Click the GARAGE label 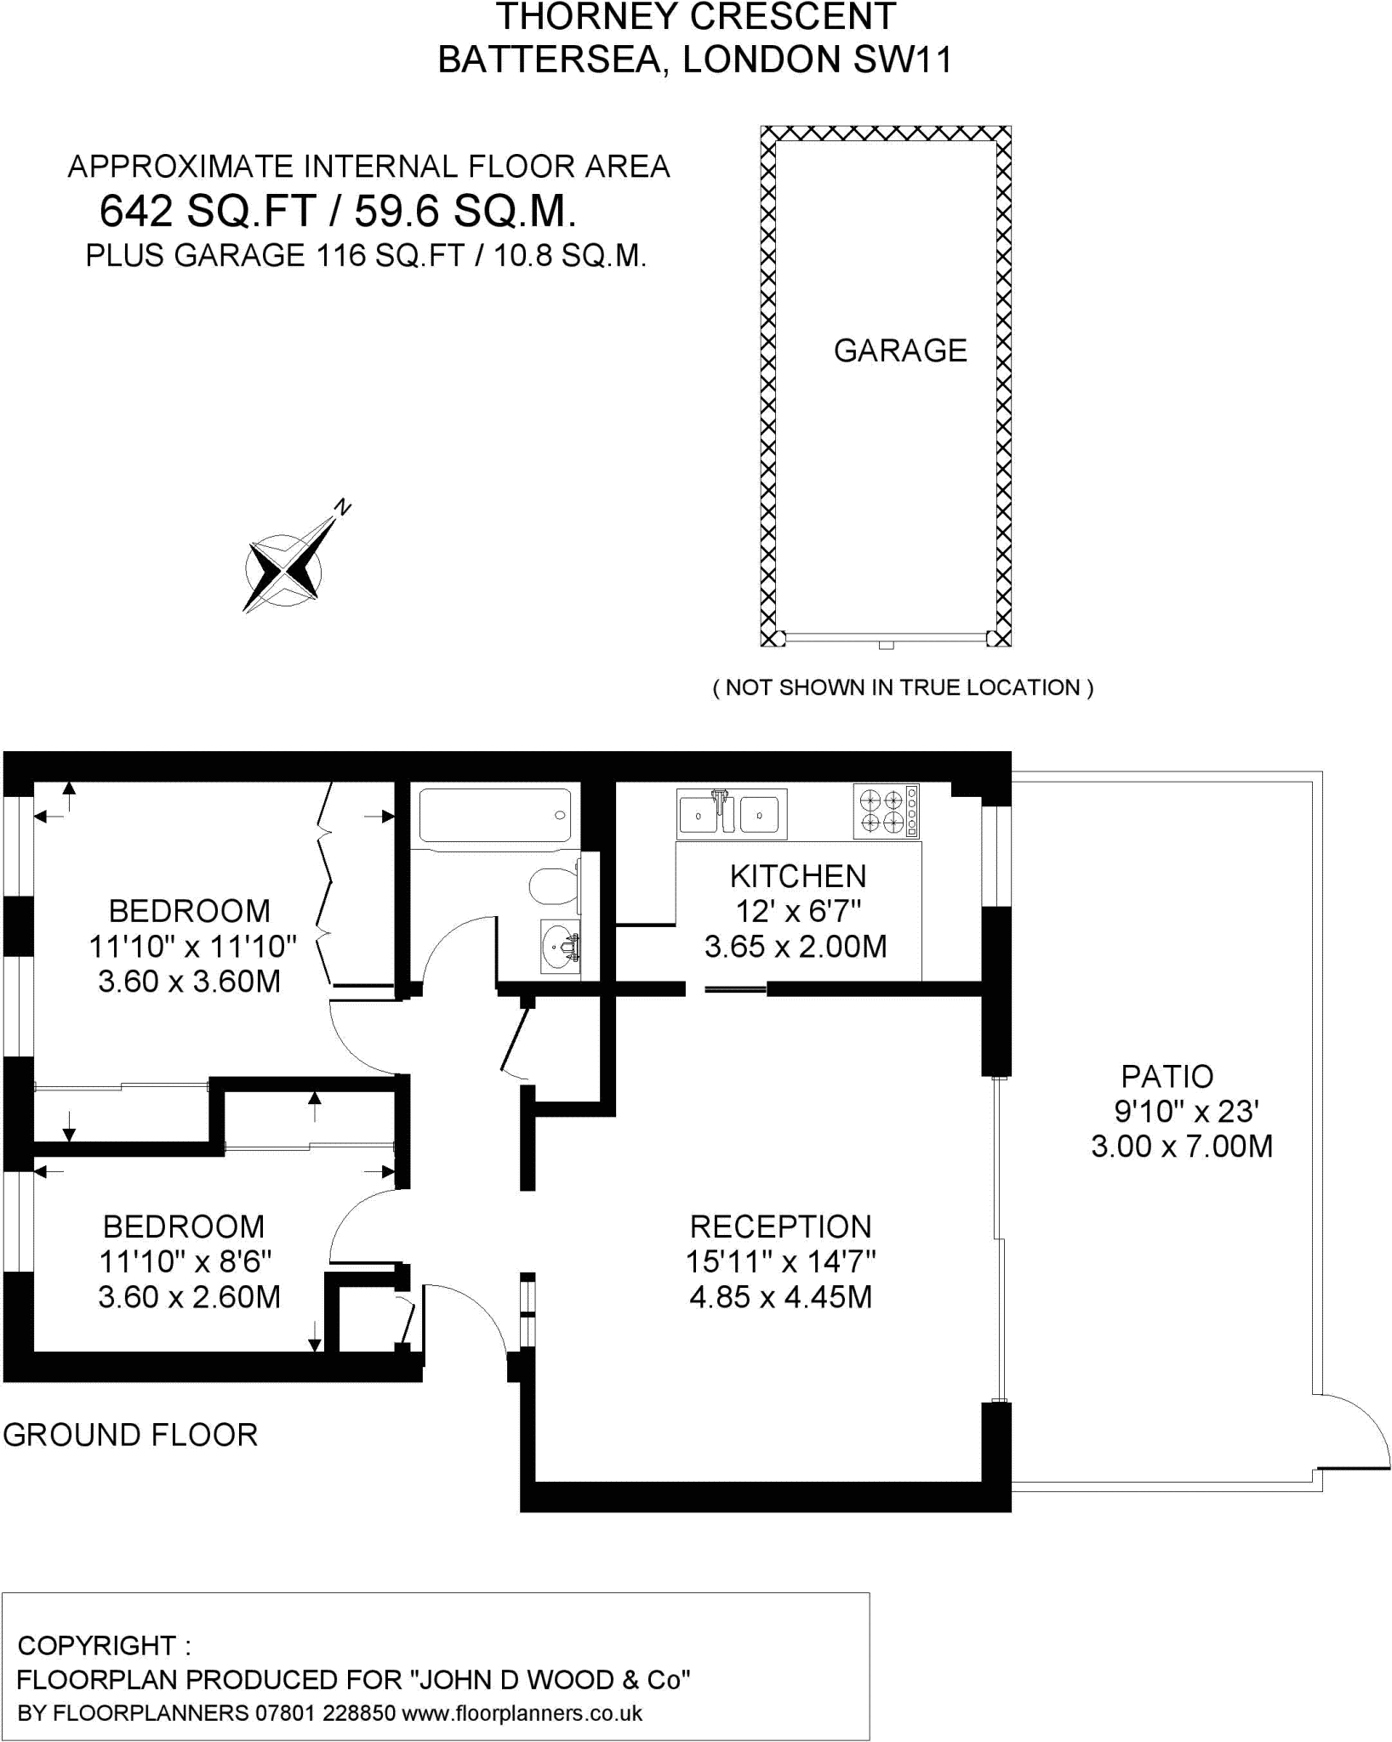pos(899,350)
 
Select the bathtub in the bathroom pos(495,815)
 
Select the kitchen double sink pos(732,813)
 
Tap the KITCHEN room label pos(798,876)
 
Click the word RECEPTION pos(780,1227)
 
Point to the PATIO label pos(1167,1077)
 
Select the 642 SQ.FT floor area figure pos(208,211)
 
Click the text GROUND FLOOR pos(130,1434)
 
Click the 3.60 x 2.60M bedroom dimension pos(189,1297)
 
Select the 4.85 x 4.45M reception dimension pos(780,1297)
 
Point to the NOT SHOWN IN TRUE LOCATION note pos(903,687)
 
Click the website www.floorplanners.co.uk pos(522,1712)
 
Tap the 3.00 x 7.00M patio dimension pos(1182,1147)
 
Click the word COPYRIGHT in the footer pos(96,1646)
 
